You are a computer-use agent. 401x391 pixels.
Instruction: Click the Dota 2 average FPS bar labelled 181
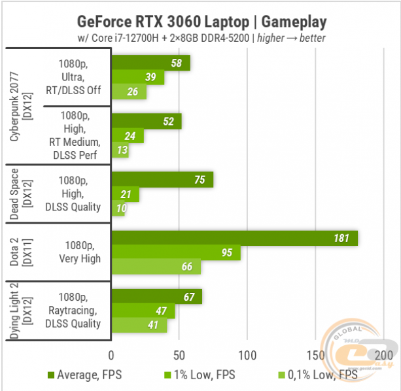click(x=234, y=238)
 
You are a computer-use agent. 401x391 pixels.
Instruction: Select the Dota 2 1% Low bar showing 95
click(x=175, y=252)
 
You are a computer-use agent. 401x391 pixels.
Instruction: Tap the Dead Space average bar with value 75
click(x=162, y=180)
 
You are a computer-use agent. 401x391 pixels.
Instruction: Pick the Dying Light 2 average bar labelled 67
click(x=156, y=297)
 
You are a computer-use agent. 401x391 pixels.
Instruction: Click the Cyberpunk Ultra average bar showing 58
click(x=150, y=63)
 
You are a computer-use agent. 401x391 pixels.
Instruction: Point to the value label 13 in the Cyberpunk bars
click(x=122, y=151)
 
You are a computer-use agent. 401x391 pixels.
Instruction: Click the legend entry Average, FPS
click(x=84, y=375)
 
